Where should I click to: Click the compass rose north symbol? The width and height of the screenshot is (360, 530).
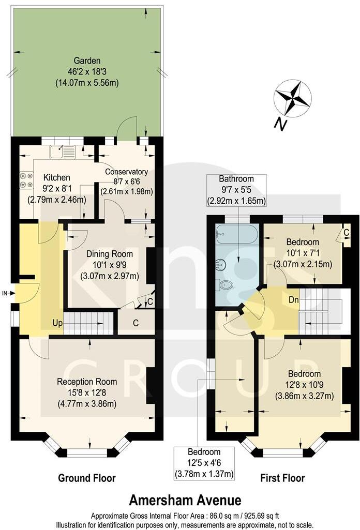tap(292, 98)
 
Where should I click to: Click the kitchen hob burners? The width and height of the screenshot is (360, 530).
tap(24, 179)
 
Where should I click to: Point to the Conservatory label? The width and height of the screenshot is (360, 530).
tap(126, 181)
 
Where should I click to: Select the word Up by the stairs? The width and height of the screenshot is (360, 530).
tap(57, 323)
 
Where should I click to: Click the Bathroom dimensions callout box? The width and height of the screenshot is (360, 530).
tap(236, 190)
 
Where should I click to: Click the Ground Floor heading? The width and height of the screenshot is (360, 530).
tap(87, 478)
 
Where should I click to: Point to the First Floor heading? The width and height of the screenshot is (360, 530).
tap(282, 478)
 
